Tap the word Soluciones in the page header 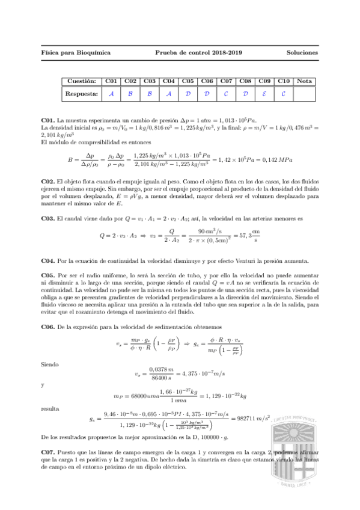coord(302,53)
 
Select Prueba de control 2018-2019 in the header coord(198,53)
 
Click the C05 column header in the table coord(188,81)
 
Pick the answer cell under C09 coord(264,94)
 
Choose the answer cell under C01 coord(111,94)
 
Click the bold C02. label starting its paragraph coord(48,182)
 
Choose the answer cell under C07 coord(226,94)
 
